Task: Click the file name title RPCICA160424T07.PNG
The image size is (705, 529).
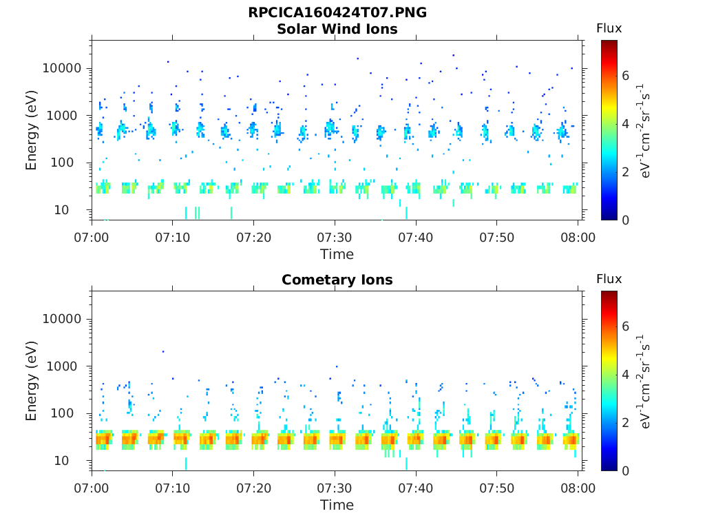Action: pyautogui.click(x=337, y=12)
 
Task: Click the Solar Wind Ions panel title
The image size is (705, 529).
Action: pyautogui.click(x=337, y=29)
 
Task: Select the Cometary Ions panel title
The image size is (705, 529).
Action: pyautogui.click(x=337, y=280)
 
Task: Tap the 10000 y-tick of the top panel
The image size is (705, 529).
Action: pyautogui.click(x=63, y=68)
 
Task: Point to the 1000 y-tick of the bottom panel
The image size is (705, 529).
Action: pyautogui.click(x=66, y=366)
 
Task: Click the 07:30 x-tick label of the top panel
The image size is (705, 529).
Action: pyautogui.click(x=335, y=238)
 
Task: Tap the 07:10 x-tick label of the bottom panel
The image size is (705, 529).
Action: pyautogui.click(x=173, y=488)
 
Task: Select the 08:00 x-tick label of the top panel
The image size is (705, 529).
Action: pyautogui.click(x=578, y=238)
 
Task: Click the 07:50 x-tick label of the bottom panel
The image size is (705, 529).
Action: pyautogui.click(x=497, y=488)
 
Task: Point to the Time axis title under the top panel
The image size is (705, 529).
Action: pyautogui.click(x=337, y=254)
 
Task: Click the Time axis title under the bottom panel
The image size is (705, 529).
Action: pyautogui.click(x=337, y=505)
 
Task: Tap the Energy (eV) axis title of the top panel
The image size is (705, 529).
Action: pyautogui.click(x=32, y=129)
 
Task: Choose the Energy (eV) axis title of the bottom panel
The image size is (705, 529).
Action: pyautogui.click(x=32, y=380)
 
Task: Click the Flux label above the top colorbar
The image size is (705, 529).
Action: pyautogui.click(x=609, y=28)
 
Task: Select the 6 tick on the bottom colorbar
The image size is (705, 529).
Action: pyautogui.click(x=627, y=326)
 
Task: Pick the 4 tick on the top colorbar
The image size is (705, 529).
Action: pyautogui.click(x=627, y=124)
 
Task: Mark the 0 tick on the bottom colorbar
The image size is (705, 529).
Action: pyautogui.click(x=627, y=470)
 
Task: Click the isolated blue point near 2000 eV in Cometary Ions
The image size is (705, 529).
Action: pyautogui.click(x=163, y=351)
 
